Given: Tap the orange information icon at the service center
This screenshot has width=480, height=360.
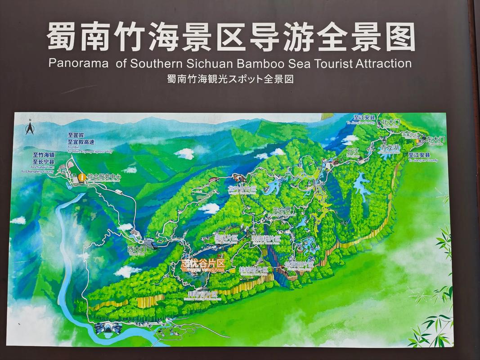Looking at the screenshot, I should (82, 177).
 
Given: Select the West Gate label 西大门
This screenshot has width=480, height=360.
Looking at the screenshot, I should (137, 248).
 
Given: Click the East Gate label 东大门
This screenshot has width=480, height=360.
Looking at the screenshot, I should (435, 140).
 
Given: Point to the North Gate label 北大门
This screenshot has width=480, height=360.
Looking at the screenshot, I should (390, 122).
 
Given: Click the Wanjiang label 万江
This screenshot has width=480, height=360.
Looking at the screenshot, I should (353, 151).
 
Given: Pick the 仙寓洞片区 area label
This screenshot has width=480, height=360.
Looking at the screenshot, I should (299, 264).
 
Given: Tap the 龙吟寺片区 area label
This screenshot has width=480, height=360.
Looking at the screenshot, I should (242, 189).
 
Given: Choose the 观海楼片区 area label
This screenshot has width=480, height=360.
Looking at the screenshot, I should (266, 238).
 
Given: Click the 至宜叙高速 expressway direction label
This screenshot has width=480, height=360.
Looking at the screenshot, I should (81, 142).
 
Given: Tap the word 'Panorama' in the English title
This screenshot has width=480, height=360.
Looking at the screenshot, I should (79, 63).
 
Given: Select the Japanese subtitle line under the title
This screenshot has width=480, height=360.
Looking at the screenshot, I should (230, 79).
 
